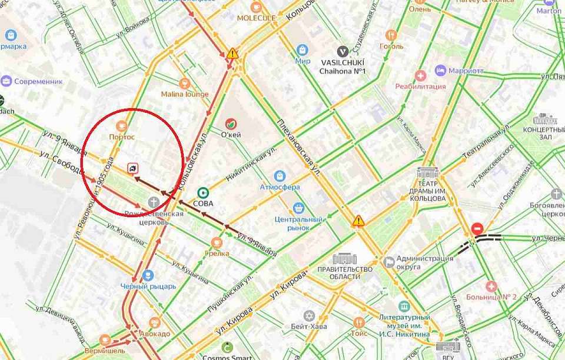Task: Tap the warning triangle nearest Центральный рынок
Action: click(358, 221)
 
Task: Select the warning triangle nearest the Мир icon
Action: click(233, 54)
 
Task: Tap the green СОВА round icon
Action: click(204, 192)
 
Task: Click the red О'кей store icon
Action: click(231, 124)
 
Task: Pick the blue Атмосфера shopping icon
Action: click(280, 175)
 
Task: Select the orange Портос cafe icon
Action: click(122, 125)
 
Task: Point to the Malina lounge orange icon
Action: click(185, 83)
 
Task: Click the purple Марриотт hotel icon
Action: click(440, 71)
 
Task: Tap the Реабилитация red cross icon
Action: click(420, 75)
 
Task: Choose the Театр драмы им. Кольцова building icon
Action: click(427, 173)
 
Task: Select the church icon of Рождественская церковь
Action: click(153, 202)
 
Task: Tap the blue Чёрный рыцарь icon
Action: click(148, 275)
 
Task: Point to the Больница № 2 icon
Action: click(491, 286)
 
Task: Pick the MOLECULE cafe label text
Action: click(256, 18)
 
